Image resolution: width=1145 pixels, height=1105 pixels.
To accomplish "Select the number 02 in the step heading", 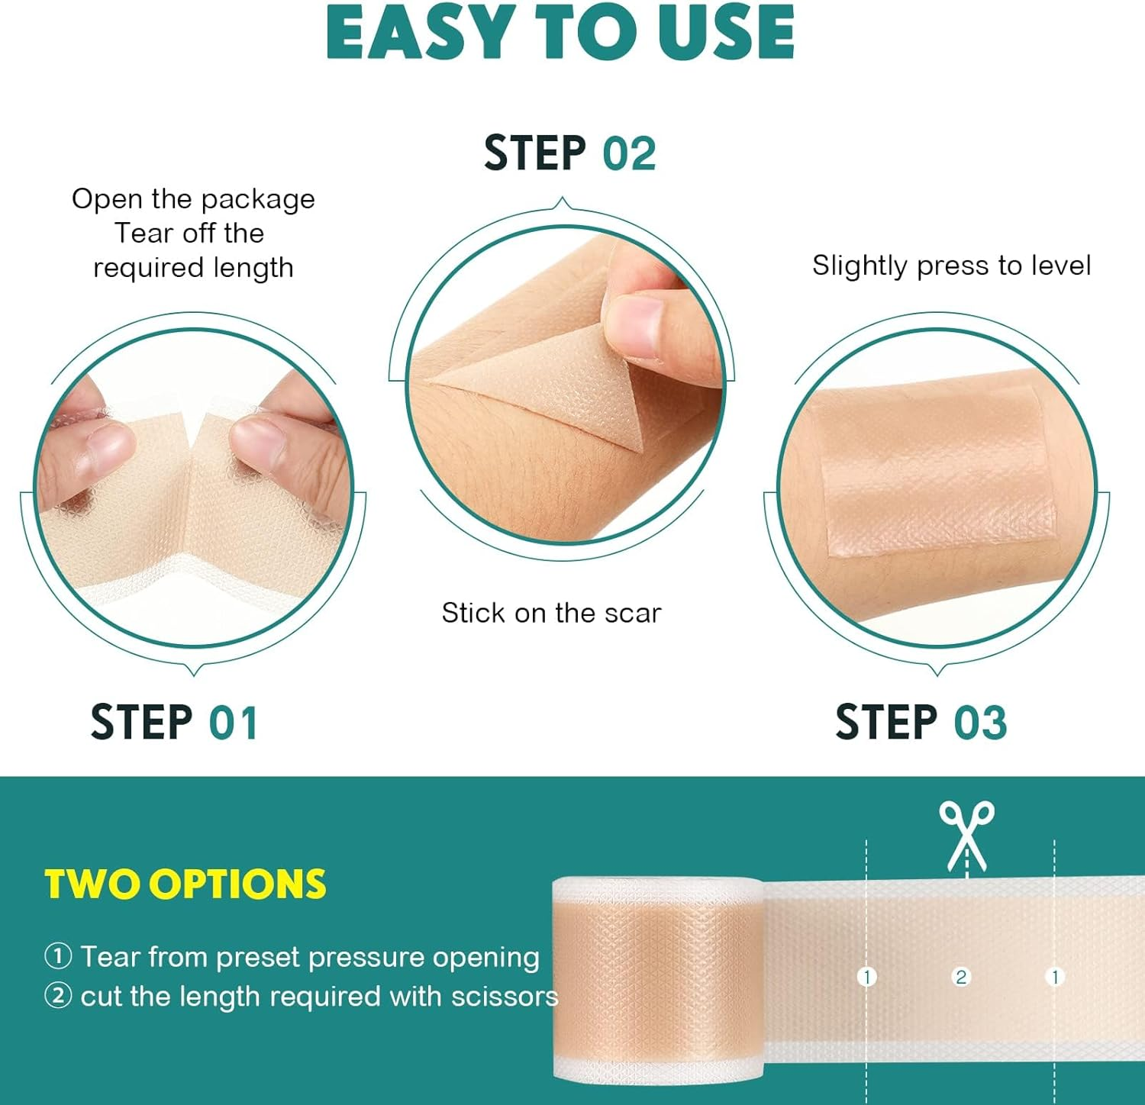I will tap(629, 153).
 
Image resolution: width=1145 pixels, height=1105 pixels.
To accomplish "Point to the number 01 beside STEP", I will tap(233, 723).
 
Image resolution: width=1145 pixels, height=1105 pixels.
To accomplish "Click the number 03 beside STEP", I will tap(980, 723).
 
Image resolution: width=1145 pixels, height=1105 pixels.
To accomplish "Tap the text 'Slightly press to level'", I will tap(951, 266).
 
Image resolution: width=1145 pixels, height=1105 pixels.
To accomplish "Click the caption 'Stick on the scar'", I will tap(551, 613).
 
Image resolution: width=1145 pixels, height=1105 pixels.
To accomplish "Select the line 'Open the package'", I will tap(193, 199).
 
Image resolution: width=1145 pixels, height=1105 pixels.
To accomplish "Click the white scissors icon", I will tap(966, 836).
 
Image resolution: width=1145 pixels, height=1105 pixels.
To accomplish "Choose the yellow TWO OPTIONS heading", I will tap(185, 884).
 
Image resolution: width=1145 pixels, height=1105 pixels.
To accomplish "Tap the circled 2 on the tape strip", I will tap(961, 977).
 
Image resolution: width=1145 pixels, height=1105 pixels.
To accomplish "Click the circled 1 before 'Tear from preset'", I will tap(58, 956).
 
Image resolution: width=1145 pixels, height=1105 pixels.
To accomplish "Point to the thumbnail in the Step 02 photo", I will tap(635, 324).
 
